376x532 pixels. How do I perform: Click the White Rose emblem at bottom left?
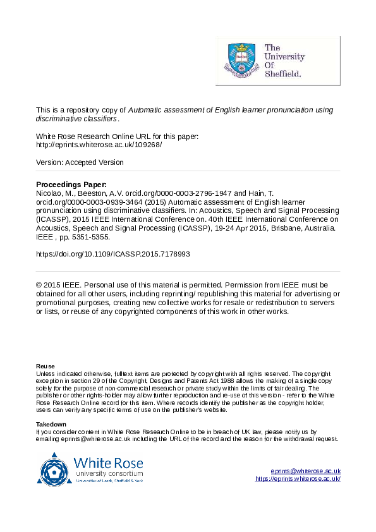click(x=55, y=469)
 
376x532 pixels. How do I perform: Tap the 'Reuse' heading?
click(x=45, y=366)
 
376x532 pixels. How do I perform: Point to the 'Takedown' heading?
click(x=51, y=424)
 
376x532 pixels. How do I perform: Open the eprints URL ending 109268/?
click(x=99, y=145)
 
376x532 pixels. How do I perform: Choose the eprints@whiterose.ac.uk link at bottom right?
click(x=305, y=471)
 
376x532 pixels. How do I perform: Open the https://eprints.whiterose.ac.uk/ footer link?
click(x=298, y=478)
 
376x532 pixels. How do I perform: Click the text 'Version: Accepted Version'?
click(x=80, y=162)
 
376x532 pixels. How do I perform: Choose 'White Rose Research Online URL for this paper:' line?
click(x=118, y=136)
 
